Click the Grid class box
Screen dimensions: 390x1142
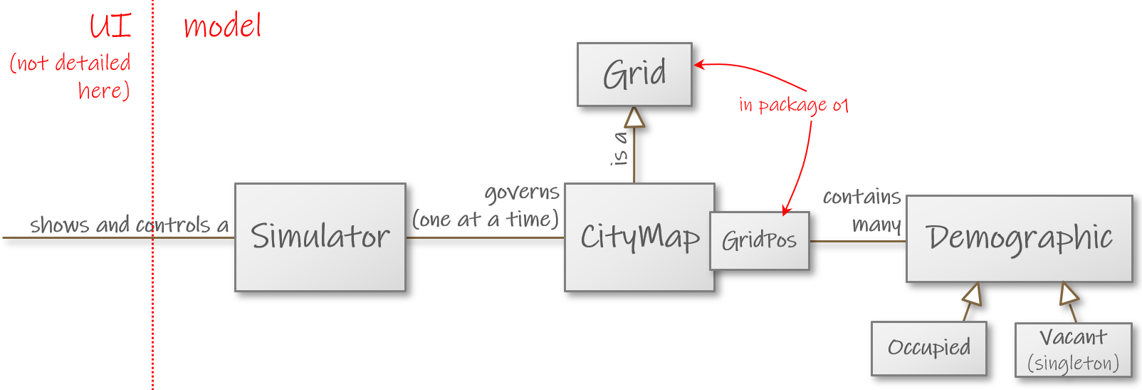tap(634, 74)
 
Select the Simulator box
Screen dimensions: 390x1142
tap(320, 237)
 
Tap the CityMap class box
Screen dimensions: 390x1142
tap(639, 237)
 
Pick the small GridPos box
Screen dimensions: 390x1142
tap(759, 241)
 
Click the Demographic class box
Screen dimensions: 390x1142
tap(1019, 238)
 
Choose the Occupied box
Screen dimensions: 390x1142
tap(928, 348)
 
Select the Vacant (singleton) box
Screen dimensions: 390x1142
tap(1073, 349)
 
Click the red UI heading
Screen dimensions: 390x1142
tap(110, 26)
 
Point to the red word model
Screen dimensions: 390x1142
tap(222, 26)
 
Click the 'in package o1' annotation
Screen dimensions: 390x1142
tap(793, 106)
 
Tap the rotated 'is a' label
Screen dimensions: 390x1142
tap(620, 148)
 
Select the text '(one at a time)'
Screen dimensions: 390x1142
tap(486, 220)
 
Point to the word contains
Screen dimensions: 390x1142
tap(861, 197)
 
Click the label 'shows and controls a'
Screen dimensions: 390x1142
tap(129, 225)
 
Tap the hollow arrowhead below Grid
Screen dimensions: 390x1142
tap(634, 117)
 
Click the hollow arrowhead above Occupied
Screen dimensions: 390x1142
tap(973, 293)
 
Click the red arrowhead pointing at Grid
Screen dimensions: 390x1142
tap(699, 65)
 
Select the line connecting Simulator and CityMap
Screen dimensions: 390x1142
tap(484, 237)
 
